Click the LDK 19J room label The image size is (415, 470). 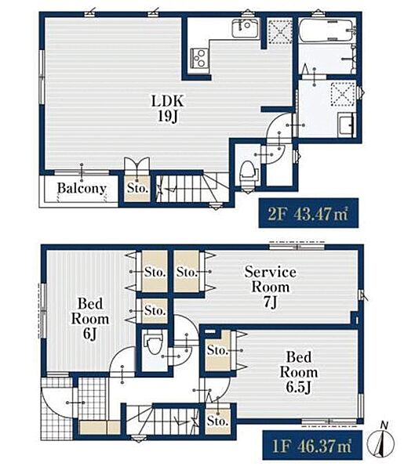pos(168,109)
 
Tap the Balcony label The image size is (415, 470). pos(82,188)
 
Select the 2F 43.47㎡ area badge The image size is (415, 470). pos(308,213)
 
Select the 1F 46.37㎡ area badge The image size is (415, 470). pos(312,446)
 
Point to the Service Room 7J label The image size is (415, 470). pos(271,287)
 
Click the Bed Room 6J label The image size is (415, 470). pos(90,318)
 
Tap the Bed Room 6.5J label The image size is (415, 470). pos(298,372)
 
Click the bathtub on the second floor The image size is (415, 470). pos(327,31)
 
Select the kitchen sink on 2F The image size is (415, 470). pos(246,28)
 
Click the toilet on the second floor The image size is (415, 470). pos(249,172)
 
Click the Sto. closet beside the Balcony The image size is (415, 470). pos(137,188)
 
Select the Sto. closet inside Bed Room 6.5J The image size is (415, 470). pos(218,350)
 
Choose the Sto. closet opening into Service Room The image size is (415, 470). pos(187,272)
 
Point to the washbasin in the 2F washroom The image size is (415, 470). pos(347,125)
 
